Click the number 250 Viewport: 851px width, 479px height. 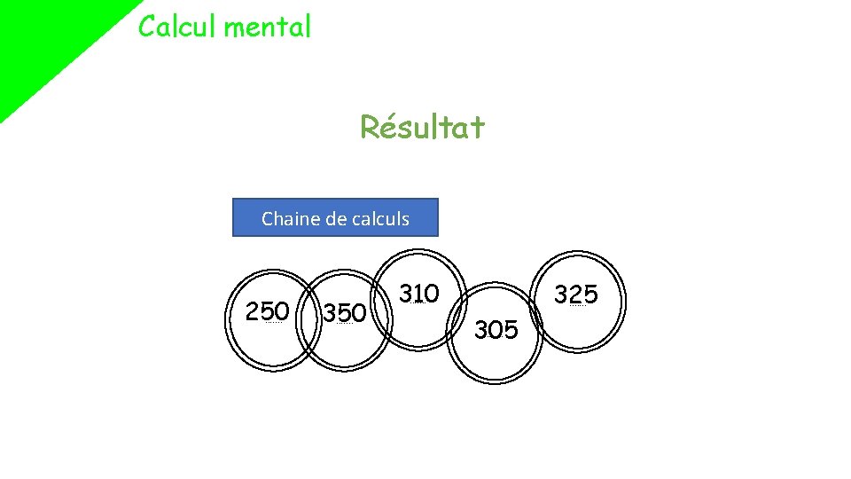click(x=268, y=311)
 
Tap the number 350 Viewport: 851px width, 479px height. click(x=344, y=313)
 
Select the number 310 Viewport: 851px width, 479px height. click(x=418, y=293)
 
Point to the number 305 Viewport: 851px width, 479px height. click(x=496, y=331)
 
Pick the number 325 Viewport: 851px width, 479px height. click(x=576, y=294)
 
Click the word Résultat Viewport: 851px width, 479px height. click(x=422, y=129)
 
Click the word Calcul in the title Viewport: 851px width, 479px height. click(x=177, y=27)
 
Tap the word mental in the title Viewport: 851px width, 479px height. click(x=268, y=27)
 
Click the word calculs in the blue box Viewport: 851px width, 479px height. click(x=381, y=218)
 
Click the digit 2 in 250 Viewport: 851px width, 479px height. click(x=253, y=311)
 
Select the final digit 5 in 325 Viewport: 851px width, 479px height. click(x=591, y=294)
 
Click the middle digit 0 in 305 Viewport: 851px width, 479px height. click(x=496, y=331)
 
